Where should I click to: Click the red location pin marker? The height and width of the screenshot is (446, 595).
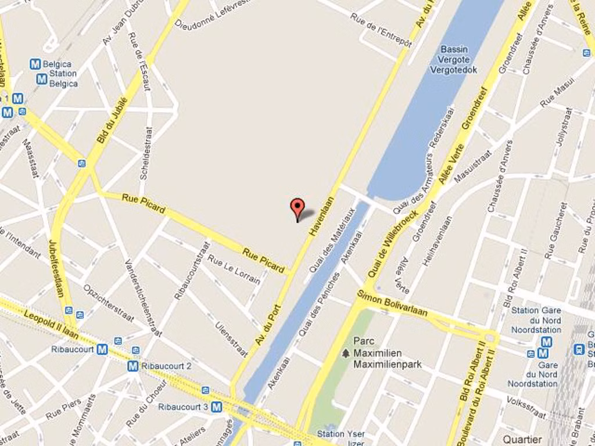coord(297,208)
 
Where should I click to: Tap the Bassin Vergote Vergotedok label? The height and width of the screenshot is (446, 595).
coord(453,60)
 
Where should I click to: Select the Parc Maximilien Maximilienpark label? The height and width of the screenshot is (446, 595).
coord(386,353)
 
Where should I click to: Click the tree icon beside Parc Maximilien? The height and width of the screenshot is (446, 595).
coord(346,353)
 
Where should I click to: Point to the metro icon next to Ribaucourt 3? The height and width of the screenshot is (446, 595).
coord(217,407)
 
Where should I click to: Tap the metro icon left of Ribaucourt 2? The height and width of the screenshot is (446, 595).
coord(132,366)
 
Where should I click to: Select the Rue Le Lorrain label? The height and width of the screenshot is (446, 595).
coord(234,269)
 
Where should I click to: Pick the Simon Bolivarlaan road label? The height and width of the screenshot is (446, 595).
coord(392,304)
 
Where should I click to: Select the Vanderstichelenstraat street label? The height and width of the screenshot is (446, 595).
coord(143,297)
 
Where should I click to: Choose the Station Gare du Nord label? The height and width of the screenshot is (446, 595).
coord(536,320)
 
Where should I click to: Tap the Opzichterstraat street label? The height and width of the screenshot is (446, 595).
coord(108,303)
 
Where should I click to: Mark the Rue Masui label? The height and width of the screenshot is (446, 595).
coord(557,93)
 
